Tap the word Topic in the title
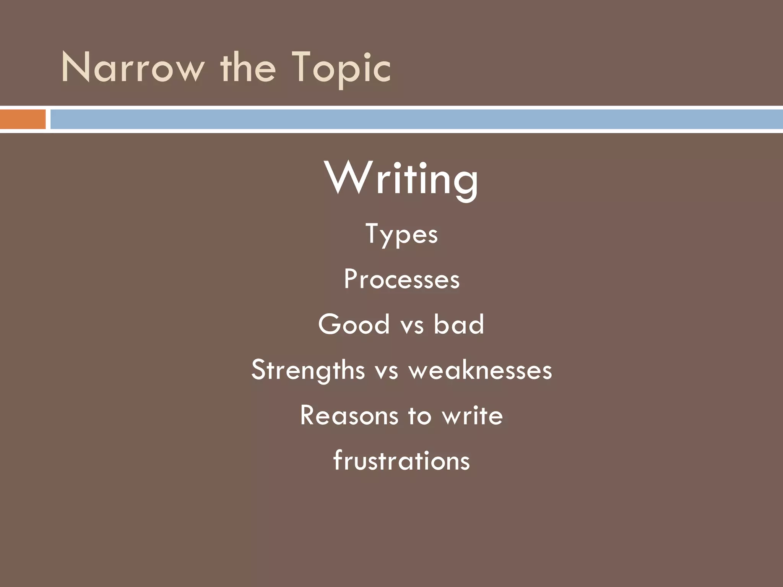click(341, 68)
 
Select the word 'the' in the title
click(247, 68)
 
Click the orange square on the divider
click(23, 119)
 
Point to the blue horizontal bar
click(416, 119)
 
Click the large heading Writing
click(401, 179)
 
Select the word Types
click(401, 234)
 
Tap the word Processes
click(401, 279)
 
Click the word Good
click(354, 324)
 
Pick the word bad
click(459, 324)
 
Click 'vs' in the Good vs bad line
click(412, 326)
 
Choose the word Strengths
click(308, 370)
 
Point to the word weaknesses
click(481, 370)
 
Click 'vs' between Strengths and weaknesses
click(387, 371)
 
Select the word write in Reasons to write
click(473, 415)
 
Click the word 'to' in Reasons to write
click(420, 416)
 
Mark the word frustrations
click(401, 460)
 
